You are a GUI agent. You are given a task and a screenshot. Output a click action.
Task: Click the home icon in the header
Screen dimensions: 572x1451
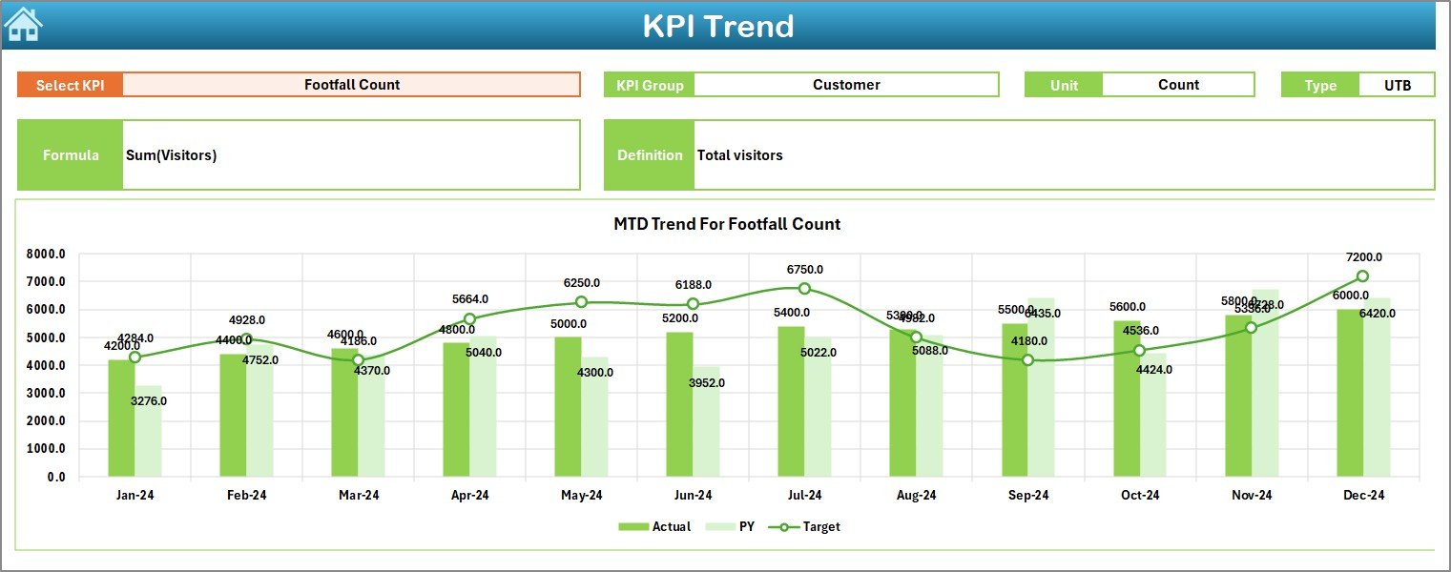(23, 25)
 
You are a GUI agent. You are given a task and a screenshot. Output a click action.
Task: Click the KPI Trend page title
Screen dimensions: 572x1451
(717, 26)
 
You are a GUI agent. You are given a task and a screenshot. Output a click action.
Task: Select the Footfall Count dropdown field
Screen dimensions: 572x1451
(351, 85)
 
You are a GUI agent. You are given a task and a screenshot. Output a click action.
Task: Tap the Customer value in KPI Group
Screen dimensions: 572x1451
(845, 85)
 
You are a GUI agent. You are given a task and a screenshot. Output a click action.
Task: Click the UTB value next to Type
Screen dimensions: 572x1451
(1397, 85)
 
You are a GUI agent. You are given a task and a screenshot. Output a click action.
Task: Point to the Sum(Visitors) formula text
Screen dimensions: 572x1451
(171, 155)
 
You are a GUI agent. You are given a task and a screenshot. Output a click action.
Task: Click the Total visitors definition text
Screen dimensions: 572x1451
(739, 155)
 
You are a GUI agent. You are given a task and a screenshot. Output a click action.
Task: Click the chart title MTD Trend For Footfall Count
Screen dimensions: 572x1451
(726, 224)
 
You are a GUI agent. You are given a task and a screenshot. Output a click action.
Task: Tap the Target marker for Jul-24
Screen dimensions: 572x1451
(804, 289)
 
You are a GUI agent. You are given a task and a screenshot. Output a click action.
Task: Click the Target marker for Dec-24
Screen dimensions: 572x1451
(1362, 276)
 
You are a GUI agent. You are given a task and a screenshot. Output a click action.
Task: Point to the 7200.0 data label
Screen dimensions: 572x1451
(1362, 257)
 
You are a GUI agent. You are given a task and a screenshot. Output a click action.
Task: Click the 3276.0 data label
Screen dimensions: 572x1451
(148, 401)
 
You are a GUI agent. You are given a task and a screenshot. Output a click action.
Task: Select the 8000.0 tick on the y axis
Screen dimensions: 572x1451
(45, 255)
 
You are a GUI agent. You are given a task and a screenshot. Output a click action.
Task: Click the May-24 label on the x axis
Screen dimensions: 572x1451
(581, 496)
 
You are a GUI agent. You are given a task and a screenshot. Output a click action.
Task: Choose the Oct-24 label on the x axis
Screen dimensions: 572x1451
(1139, 496)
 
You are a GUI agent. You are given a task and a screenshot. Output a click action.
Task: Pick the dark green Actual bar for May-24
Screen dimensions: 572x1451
(568, 406)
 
